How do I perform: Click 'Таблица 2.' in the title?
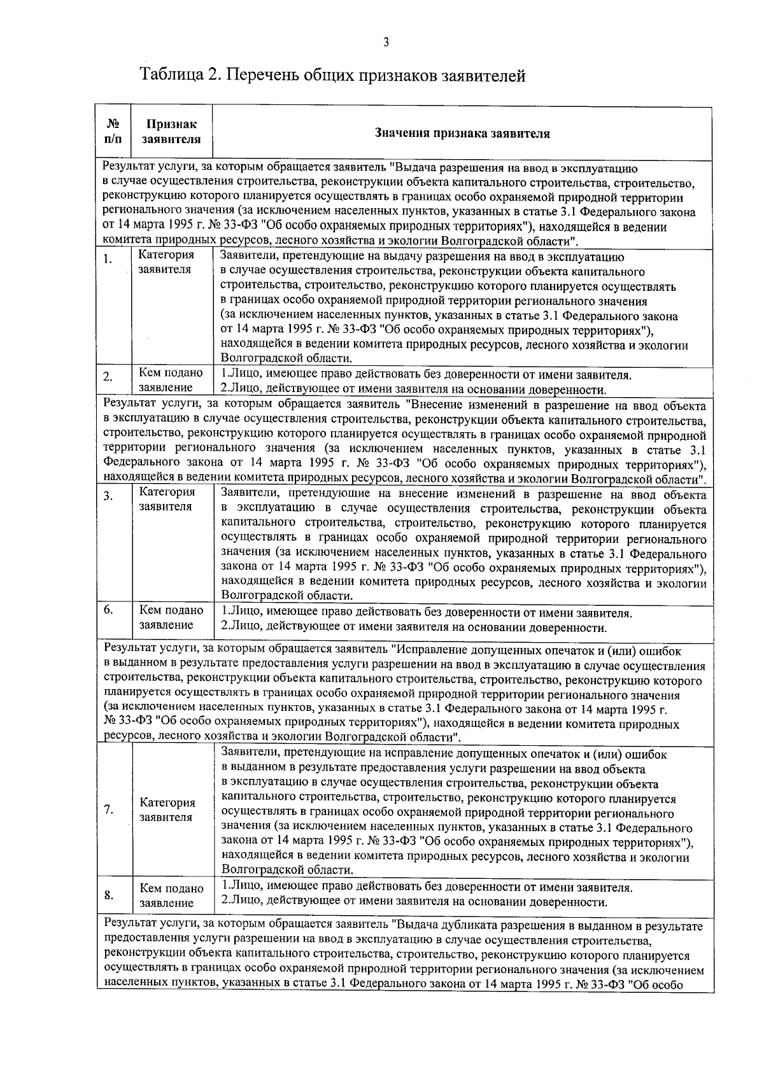180,75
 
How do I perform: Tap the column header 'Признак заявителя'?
171,131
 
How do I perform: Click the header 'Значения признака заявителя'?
462,134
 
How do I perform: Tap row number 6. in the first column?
109,610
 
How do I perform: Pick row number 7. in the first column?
109,810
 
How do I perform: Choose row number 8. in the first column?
109,895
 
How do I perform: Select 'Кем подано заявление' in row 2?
171,380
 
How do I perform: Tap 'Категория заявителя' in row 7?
167,810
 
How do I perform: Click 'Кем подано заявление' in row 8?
171,895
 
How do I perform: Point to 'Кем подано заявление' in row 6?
171,617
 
